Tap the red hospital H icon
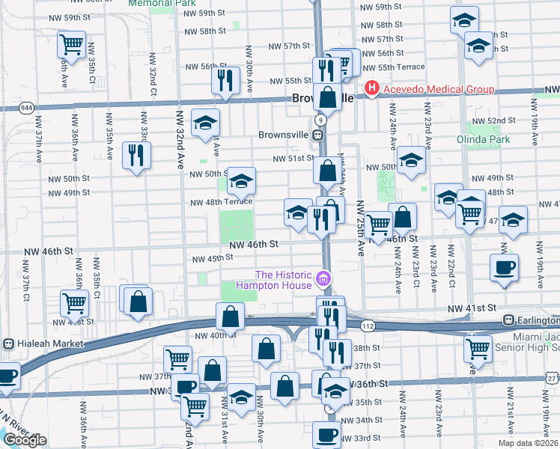point(371,90)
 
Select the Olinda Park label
point(478,139)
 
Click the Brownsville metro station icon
point(318,135)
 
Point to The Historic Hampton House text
point(284,279)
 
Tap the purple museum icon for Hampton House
point(323,280)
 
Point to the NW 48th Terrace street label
point(221,202)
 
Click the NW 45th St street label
point(213,259)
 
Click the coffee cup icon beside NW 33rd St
point(326,434)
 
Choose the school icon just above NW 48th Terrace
point(241,181)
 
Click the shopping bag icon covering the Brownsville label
point(327,97)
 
